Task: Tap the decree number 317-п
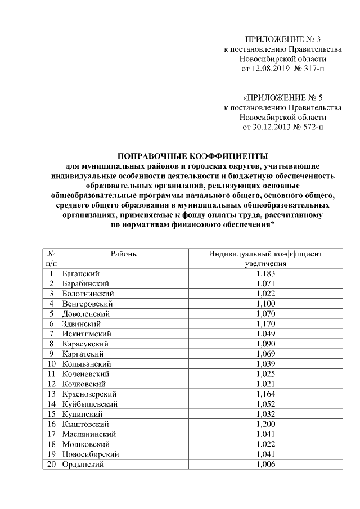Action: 314,69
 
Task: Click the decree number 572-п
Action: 313,128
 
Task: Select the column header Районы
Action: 124,254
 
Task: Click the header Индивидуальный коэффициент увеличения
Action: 265,259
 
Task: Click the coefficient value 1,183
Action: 265,273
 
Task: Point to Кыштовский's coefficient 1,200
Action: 265,424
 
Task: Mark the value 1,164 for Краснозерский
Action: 265,394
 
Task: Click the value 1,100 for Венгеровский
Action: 265,304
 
